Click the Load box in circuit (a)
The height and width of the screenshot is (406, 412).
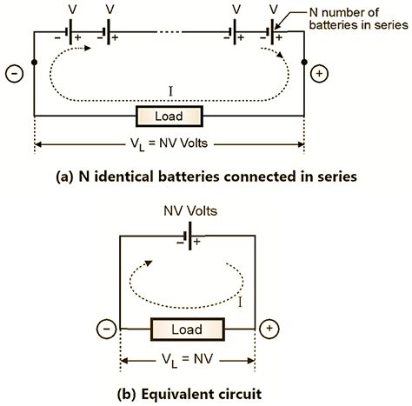click(169, 116)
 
